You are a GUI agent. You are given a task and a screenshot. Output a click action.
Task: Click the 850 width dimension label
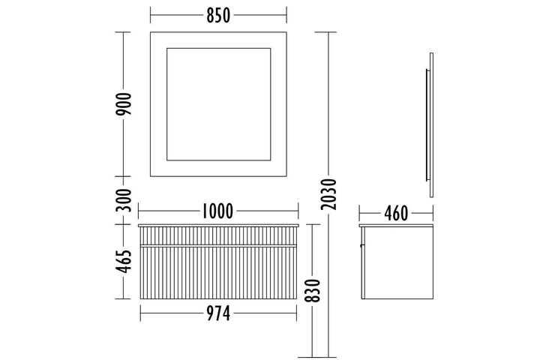point(218,16)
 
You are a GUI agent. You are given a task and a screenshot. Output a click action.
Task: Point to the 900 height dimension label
point(124,104)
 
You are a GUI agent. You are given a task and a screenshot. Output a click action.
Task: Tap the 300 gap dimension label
point(124,200)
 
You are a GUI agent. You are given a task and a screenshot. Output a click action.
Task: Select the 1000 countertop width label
point(217,211)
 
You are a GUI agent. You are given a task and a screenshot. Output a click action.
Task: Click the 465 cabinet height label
point(124,262)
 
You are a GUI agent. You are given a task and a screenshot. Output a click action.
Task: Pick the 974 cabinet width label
point(218,313)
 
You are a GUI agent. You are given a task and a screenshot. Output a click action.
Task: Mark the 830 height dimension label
point(313,290)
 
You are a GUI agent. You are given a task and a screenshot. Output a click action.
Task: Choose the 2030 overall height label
point(328,194)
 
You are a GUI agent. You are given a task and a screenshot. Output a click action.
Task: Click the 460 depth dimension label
point(396,214)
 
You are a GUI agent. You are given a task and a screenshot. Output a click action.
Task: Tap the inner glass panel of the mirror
point(219,104)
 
